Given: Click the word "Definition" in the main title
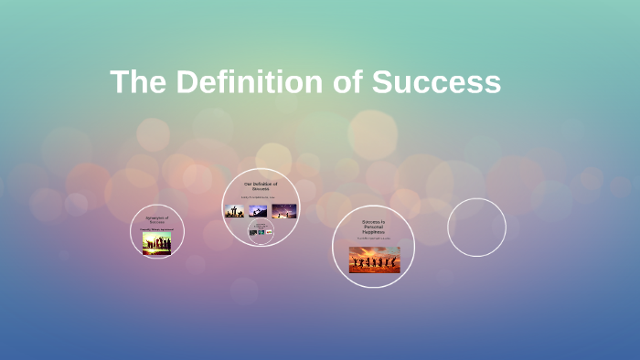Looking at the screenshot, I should tap(238, 82).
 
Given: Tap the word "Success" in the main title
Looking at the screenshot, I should tap(436, 82).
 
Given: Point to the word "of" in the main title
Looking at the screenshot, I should tap(340, 82).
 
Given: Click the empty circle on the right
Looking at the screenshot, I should tap(476, 227).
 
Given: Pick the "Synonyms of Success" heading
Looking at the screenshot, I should tap(157, 219).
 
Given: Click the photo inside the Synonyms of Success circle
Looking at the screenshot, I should tap(157, 242).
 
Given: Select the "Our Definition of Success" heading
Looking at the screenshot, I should tap(261, 186).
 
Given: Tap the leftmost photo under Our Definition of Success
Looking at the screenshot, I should tap(235, 211).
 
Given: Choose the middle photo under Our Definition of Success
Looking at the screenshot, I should tap(258, 211).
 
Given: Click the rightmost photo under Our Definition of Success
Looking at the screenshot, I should tap(284, 211).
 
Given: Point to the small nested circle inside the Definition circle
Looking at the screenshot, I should tap(261, 232).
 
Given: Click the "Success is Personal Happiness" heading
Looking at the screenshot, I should tap(373, 227).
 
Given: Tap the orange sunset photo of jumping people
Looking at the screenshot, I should tap(374, 259).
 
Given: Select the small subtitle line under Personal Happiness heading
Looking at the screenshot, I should tap(373, 239).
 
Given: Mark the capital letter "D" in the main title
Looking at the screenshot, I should tap(187, 82).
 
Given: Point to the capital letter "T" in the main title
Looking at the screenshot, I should tap(120, 82).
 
